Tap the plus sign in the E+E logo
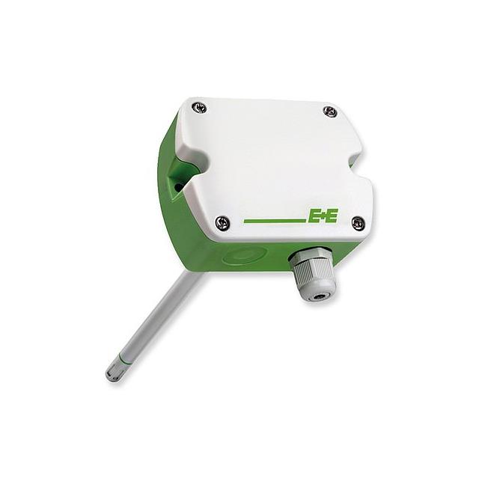point(322,217)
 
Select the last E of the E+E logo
point(332,217)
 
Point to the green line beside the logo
point(274,221)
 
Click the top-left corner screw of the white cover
point(198,108)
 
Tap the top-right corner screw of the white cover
point(330,112)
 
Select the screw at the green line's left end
point(222,222)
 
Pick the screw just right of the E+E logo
point(358,222)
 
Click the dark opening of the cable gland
point(323,293)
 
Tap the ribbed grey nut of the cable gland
point(314,277)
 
